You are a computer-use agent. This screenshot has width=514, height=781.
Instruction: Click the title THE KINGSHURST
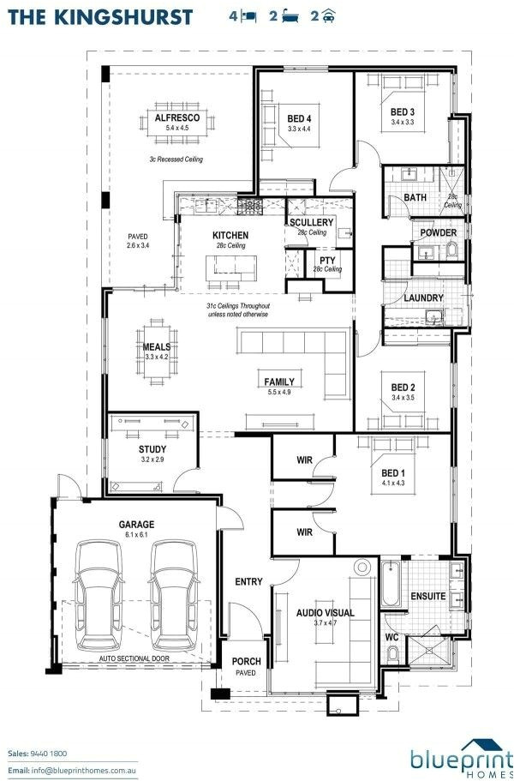point(100,17)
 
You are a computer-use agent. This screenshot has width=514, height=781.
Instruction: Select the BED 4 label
point(299,118)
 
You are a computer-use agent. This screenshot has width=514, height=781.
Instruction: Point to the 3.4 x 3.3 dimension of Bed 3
point(403,122)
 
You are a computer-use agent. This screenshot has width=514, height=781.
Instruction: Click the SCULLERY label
point(312,222)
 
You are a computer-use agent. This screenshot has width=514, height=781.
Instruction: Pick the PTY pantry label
point(327,260)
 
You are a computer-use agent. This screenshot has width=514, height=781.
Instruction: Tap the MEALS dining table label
point(157,346)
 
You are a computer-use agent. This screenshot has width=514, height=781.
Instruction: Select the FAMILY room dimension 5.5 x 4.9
point(279,392)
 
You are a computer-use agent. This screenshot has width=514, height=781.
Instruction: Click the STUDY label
point(152,449)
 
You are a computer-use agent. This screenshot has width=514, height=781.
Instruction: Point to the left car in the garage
point(98,595)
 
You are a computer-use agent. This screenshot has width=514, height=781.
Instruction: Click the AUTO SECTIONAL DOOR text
point(134,658)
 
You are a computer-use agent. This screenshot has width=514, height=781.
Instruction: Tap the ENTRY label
point(248,581)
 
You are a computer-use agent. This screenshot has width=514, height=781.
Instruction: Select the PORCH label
point(247,662)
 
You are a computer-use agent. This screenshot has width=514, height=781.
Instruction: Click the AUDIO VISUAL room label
point(326,613)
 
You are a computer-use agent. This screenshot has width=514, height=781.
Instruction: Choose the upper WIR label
point(304,460)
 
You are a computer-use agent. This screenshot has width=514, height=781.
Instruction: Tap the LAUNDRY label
point(423,297)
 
